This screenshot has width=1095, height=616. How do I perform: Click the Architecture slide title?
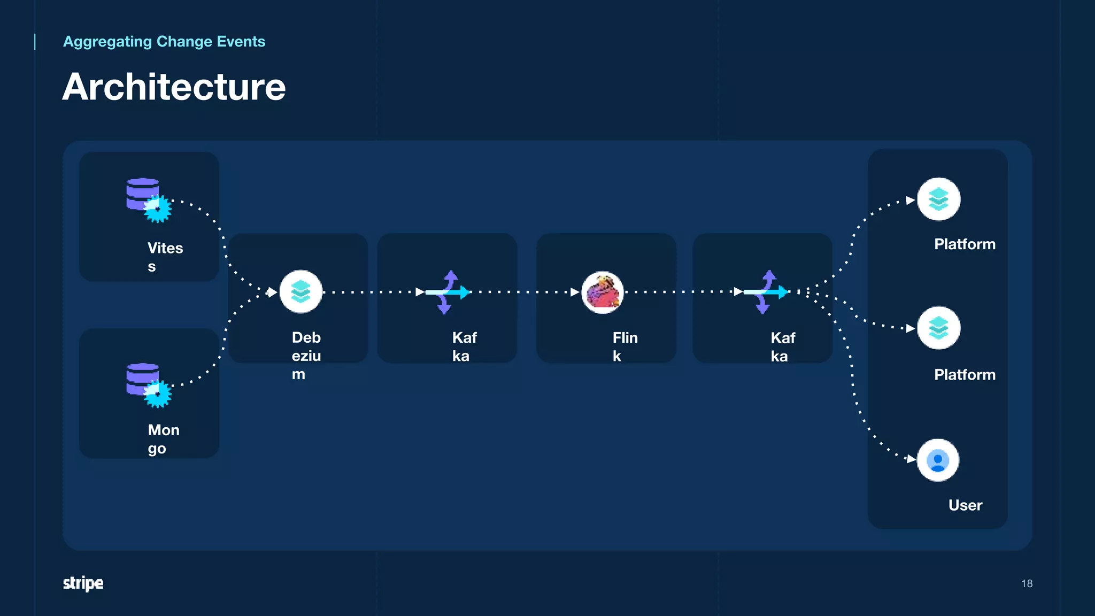point(174,87)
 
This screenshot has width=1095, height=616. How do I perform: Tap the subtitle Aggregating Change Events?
point(164,42)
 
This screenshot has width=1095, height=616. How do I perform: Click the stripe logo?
point(83,583)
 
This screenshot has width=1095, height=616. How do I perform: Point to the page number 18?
point(1027,583)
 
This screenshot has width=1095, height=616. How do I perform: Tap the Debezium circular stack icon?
point(301,291)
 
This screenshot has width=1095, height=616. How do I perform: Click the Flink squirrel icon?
point(603,292)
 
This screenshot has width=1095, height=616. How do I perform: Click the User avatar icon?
point(938,460)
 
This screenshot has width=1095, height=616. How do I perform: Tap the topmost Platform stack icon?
point(938,199)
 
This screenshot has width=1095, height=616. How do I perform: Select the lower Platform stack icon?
point(938,328)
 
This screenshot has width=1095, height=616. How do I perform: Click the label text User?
point(965,505)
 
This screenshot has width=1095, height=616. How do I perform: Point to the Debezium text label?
point(306,356)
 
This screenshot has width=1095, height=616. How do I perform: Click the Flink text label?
point(624,346)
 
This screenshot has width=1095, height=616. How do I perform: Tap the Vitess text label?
point(165,257)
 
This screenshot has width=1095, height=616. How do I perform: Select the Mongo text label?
point(163,439)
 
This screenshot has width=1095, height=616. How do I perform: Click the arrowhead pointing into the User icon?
point(911,459)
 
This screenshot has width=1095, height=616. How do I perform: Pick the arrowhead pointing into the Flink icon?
point(575,292)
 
